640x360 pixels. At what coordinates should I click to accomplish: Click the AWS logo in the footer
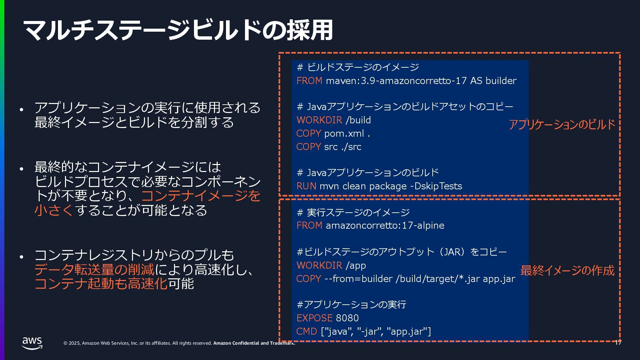(32, 343)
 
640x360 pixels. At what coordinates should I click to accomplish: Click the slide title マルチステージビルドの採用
(178, 30)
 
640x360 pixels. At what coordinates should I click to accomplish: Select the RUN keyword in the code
(306, 186)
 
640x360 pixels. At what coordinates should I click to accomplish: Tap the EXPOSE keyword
(314, 318)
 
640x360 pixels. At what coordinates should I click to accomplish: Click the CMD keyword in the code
(306, 331)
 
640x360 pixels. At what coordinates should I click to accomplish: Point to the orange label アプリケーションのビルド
(561, 125)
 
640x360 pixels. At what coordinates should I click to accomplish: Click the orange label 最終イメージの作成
(567, 270)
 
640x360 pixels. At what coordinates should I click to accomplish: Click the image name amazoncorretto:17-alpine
(385, 225)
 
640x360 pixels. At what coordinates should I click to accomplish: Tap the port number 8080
(347, 318)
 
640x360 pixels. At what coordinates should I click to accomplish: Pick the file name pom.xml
(344, 133)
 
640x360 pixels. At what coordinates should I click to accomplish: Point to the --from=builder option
(358, 279)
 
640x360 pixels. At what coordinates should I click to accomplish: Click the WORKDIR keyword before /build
(319, 120)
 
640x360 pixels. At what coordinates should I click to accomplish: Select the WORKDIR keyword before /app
(319, 265)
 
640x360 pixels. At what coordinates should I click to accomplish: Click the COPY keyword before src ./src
(308, 147)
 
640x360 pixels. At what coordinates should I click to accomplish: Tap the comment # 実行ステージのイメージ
(353, 212)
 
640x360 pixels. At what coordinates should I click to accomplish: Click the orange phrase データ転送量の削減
(94, 269)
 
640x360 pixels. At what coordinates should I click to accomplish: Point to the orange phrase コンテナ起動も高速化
(101, 284)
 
